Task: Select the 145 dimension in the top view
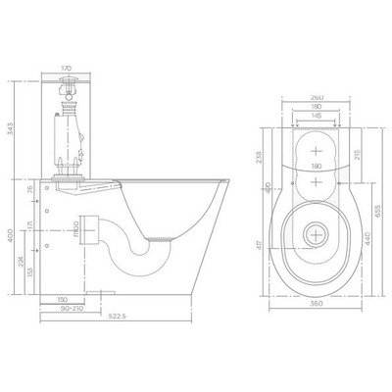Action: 315,115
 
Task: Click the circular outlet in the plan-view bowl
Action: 315,234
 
